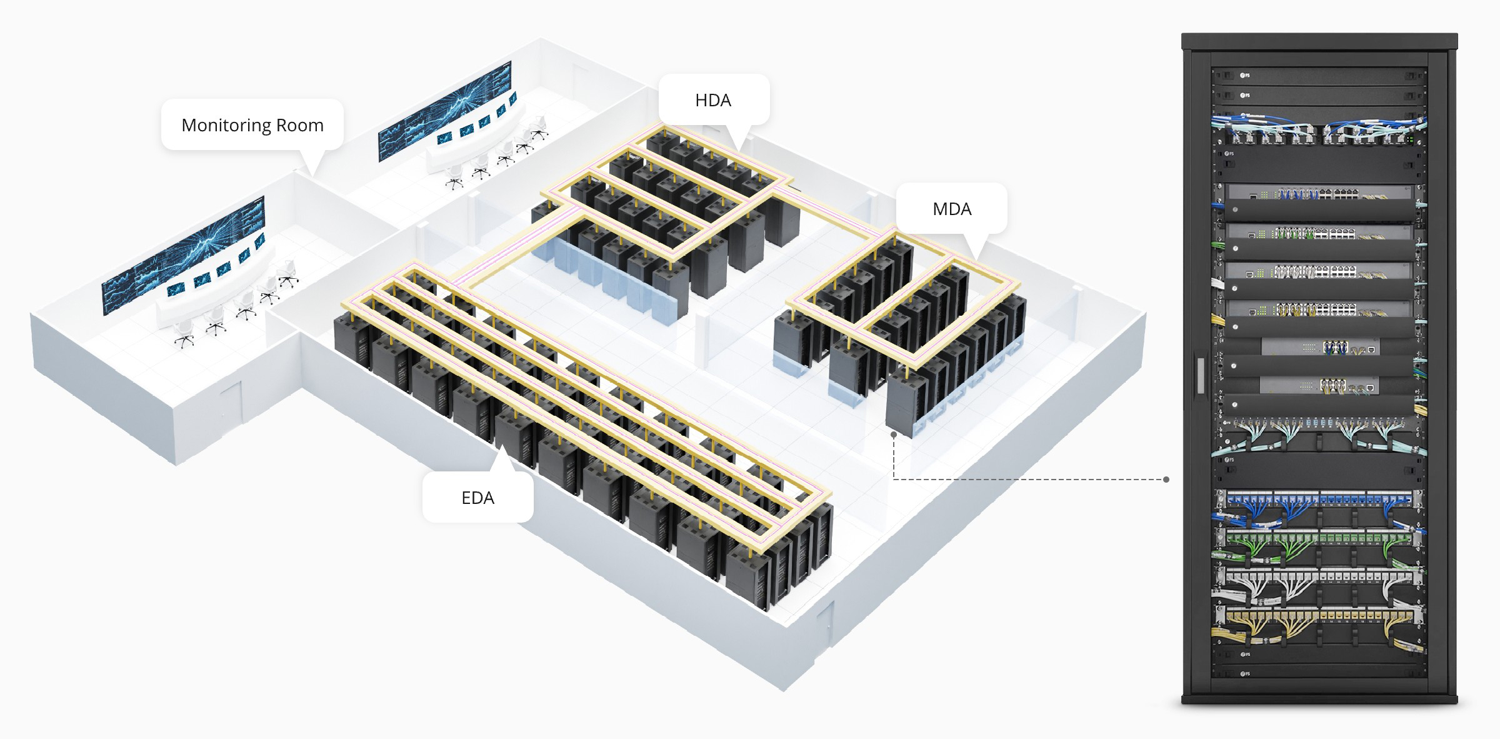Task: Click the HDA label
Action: point(713,100)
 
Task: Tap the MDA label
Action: point(952,209)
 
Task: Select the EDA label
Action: point(477,498)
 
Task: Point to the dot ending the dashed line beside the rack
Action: point(1166,480)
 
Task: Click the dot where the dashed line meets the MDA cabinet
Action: point(894,433)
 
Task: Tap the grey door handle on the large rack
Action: point(1199,375)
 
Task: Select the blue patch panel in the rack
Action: point(1319,498)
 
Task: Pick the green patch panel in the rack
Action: point(1319,536)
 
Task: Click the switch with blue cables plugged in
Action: point(1319,194)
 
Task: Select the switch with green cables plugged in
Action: point(1319,233)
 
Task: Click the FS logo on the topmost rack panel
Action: point(1245,76)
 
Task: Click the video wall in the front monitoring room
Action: point(183,255)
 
